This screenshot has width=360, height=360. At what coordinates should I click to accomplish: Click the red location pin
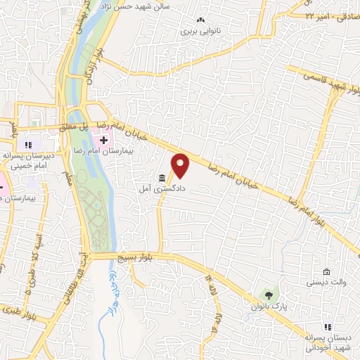[x=181, y=165]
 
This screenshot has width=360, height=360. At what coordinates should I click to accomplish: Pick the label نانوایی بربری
[x=201, y=31]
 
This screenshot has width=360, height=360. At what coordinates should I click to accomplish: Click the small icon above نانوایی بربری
[x=201, y=20]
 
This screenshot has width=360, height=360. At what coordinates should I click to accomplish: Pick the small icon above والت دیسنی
[x=326, y=271]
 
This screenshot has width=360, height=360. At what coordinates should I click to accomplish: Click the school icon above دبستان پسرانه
[x=327, y=326]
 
